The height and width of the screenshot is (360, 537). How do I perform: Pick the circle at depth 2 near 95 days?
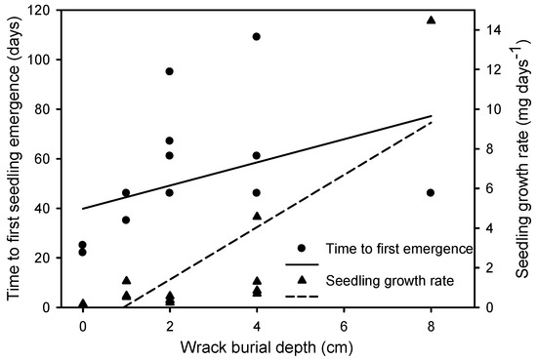pyautogui.click(x=170, y=71)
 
